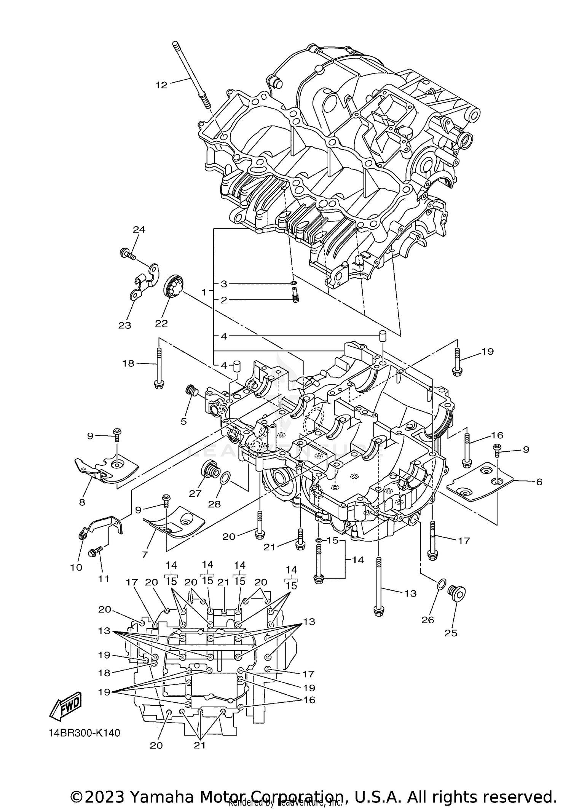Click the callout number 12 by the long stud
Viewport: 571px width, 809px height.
click(x=161, y=85)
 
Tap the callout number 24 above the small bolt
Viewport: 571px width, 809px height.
click(x=139, y=229)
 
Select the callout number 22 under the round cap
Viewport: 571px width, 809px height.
click(x=161, y=323)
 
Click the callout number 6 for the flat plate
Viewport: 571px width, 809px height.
click(x=539, y=482)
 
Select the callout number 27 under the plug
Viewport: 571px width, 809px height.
click(x=195, y=493)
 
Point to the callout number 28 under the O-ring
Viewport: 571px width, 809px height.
click(x=214, y=504)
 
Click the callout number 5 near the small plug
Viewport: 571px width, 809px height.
click(x=183, y=421)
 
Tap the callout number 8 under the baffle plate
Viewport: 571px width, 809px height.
click(x=82, y=502)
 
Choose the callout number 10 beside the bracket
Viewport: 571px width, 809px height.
click(x=76, y=568)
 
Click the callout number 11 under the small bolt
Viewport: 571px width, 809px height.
click(x=104, y=579)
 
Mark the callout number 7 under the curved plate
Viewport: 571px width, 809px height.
click(x=144, y=555)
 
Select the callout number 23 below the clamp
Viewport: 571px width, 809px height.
click(x=124, y=325)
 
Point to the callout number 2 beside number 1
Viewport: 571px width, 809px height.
click(x=224, y=300)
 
